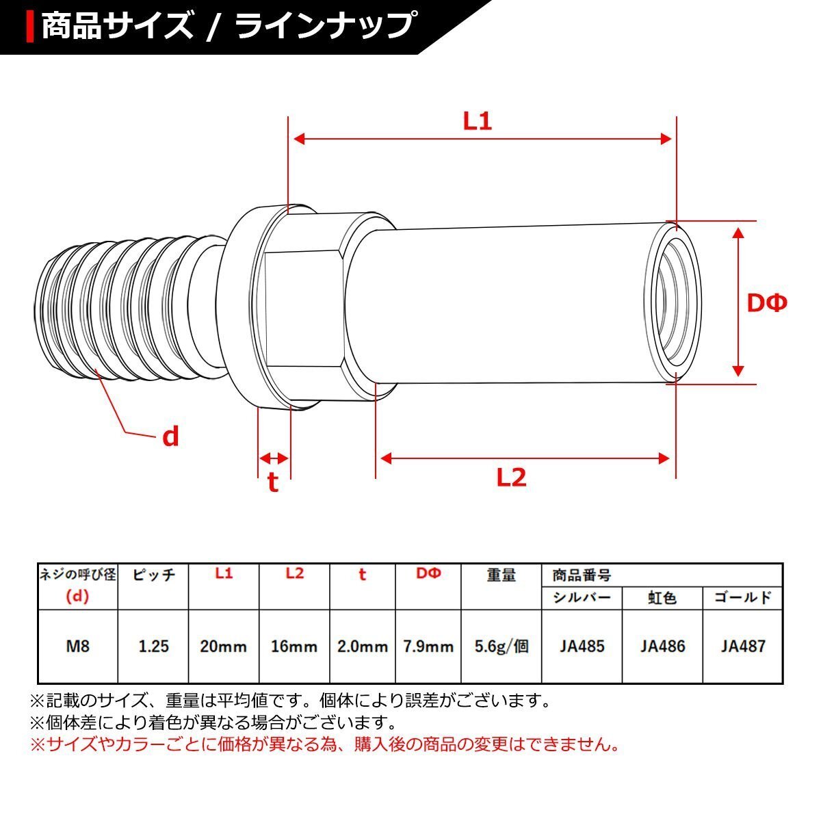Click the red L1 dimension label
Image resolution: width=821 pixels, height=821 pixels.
[478, 122]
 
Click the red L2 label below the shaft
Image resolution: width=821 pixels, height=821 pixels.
[511, 477]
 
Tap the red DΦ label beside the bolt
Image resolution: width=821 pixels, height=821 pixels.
[766, 302]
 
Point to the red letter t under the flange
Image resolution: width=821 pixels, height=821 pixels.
[273, 482]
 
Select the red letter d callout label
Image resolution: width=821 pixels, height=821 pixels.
[170, 436]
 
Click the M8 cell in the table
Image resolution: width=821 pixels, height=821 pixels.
[77, 646]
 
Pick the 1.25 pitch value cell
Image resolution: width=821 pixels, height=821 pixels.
[153, 646]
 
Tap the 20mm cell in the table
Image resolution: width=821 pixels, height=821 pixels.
[224, 646]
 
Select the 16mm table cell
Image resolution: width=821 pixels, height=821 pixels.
[294, 646]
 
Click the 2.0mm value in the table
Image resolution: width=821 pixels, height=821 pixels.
[363, 646]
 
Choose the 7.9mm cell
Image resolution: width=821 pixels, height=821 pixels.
[428, 646]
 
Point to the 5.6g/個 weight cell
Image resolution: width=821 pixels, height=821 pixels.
[501, 646]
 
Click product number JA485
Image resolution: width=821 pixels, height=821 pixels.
[582, 646]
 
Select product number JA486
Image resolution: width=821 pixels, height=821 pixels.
[662, 646]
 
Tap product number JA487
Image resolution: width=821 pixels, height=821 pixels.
[743, 646]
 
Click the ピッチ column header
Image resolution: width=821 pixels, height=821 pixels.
[153, 575]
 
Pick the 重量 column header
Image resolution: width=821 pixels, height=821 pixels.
[501, 575]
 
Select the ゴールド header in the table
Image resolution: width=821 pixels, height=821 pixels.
[743, 597]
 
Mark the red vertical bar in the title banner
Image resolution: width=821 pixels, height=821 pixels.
[29, 26]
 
